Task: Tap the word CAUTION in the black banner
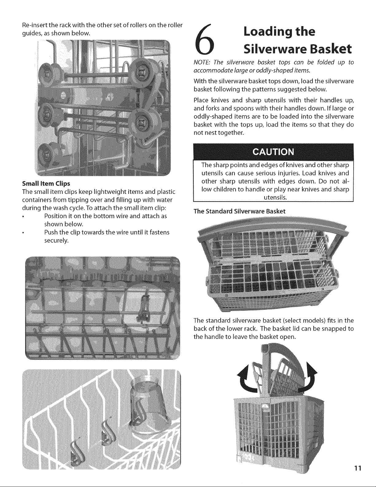point(273,152)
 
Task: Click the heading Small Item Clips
point(46,184)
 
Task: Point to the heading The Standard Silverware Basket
point(239,211)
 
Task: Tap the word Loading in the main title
point(266,32)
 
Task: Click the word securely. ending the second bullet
point(56,241)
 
